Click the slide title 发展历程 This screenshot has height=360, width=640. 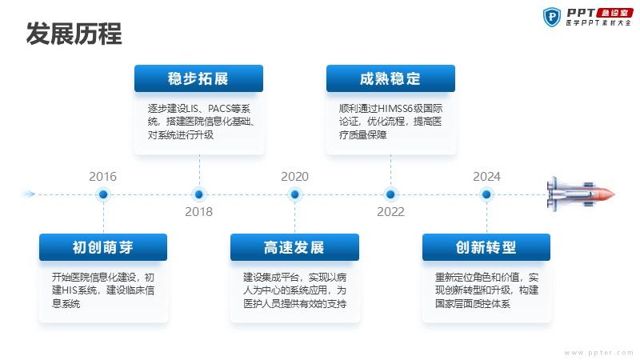(x=74, y=34)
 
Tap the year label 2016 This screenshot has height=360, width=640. (x=103, y=177)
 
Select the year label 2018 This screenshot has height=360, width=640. (x=198, y=212)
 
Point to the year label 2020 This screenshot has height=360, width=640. (x=294, y=177)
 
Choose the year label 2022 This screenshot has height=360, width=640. (x=390, y=212)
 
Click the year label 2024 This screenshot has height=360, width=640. (x=486, y=177)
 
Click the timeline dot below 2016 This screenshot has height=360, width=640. (x=103, y=194)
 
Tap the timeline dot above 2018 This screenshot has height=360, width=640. (x=199, y=194)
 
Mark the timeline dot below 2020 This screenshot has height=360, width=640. (x=294, y=194)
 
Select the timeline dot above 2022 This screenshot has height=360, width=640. (x=390, y=194)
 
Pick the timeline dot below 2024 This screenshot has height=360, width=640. (x=486, y=194)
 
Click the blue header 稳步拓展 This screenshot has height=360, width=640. (x=198, y=78)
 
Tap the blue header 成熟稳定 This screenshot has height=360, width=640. (x=390, y=78)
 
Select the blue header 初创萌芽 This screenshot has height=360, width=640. (x=103, y=247)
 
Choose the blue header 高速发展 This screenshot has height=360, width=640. (x=294, y=247)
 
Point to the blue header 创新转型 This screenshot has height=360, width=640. (x=486, y=247)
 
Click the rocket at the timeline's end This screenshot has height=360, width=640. (x=581, y=194)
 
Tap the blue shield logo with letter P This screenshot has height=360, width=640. (x=552, y=17)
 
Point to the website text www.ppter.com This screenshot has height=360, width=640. (x=598, y=352)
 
